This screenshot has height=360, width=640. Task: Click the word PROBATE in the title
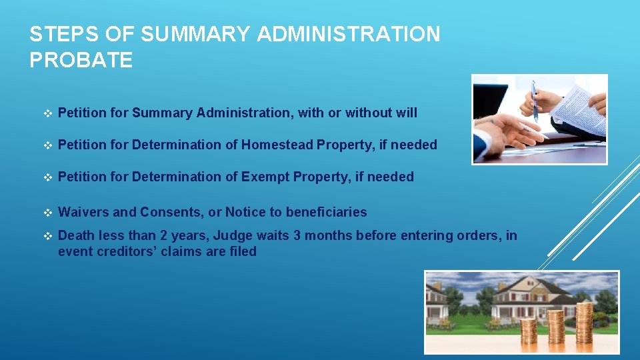coord(81,60)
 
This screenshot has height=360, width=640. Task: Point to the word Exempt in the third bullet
coord(263,177)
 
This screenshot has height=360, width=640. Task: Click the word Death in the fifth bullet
coord(76,235)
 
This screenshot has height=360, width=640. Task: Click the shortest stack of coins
coord(529,336)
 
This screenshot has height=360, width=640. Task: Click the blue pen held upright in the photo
coord(534,101)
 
